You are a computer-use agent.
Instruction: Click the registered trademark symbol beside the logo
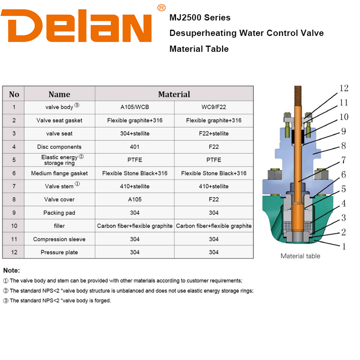pyautogui.click(x=161, y=8)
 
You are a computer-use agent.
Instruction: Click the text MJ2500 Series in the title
pyautogui.click(x=200, y=18)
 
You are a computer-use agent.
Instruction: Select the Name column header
pyautogui.click(x=59, y=94)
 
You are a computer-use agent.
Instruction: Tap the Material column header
pyautogui.click(x=174, y=94)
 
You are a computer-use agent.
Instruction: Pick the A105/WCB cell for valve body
pyautogui.click(x=135, y=107)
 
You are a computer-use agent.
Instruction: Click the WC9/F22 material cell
pyautogui.click(x=214, y=107)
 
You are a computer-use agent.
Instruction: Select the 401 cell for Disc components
pyautogui.click(x=135, y=147)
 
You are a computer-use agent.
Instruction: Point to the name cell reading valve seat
pyautogui.click(x=59, y=133)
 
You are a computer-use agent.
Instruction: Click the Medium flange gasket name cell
pyautogui.click(x=59, y=173)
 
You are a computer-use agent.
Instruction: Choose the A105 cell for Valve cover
pyautogui.click(x=135, y=199)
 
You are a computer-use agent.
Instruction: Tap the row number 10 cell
pyautogui.click(x=14, y=226)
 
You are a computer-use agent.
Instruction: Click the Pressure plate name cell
pyautogui.click(x=59, y=252)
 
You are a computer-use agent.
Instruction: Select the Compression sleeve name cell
pyautogui.click(x=59, y=239)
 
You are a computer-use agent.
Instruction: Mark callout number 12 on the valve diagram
pyautogui.click(x=344, y=88)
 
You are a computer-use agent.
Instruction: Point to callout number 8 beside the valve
pyautogui.click(x=343, y=146)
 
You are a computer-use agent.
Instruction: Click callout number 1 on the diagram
pyautogui.click(x=344, y=247)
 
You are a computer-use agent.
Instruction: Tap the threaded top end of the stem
pyautogui.click(x=298, y=96)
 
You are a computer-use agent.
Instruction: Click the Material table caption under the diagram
pyautogui.click(x=300, y=256)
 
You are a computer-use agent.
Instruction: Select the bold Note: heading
pyautogui.click(x=11, y=271)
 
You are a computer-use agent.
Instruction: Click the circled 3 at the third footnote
pyautogui.click(x=6, y=301)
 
